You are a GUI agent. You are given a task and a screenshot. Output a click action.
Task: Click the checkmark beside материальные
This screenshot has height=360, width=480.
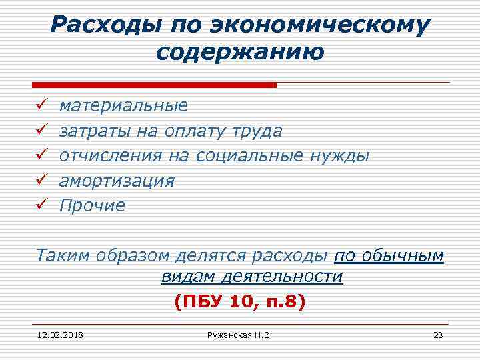(x=39, y=105)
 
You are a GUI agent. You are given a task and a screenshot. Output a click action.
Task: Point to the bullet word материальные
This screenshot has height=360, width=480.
(x=123, y=105)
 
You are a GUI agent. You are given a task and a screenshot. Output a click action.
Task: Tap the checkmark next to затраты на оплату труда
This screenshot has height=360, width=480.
(x=39, y=131)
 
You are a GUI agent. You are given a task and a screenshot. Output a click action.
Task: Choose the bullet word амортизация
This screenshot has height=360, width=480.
(x=117, y=181)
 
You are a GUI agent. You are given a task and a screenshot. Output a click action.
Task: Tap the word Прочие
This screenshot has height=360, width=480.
(x=92, y=205)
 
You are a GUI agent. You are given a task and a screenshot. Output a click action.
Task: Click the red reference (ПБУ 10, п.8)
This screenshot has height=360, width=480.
(x=240, y=302)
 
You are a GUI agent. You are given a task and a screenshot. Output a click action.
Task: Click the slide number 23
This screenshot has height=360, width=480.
(x=437, y=335)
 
